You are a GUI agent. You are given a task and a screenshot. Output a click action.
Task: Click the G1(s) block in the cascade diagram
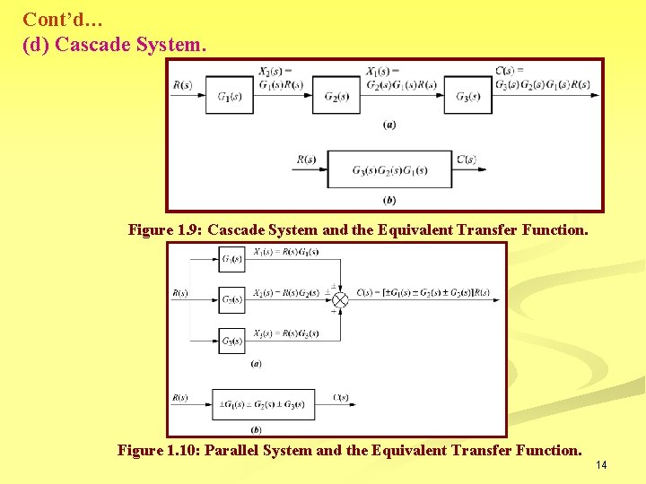pos(230,97)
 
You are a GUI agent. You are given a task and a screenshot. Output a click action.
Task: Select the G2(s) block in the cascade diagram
pos(336,97)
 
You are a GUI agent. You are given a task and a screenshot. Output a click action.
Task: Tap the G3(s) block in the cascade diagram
pos(467,97)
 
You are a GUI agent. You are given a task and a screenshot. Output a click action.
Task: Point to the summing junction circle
pos(340,299)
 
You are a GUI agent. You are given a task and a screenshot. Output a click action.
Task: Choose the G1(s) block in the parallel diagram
pos(231,260)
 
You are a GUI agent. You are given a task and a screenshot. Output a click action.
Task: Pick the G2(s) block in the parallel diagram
pos(231,299)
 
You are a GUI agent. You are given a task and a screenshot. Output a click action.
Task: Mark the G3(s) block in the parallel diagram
pos(231,341)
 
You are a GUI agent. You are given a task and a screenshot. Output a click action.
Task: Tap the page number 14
pos(601,464)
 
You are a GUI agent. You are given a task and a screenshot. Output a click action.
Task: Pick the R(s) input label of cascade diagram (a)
pos(182,85)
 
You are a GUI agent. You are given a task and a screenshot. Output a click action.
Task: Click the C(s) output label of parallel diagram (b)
pos(341,397)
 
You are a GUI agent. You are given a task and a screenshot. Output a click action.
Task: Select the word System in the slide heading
pos(168,43)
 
